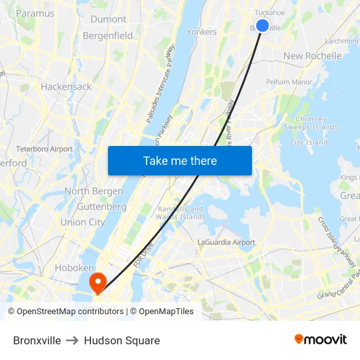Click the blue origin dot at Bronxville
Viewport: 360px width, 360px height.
[x=262, y=26]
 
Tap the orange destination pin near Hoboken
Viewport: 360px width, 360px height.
[x=98, y=282]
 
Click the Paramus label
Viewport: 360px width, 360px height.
[x=35, y=12]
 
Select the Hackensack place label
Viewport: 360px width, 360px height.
[x=66, y=86]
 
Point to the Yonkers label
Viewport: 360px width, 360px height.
[x=202, y=31]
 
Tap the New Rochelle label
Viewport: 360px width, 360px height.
[x=312, y=56]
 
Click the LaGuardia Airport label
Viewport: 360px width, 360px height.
[x=226, y=242]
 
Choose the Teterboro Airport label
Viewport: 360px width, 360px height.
[x=45, y=149]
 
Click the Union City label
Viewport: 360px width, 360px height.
[x=82, y=222]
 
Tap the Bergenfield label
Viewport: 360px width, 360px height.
[x=108, y=36]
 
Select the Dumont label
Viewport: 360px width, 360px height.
[x=108, y=19]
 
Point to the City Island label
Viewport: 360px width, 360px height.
[x=309, y=142]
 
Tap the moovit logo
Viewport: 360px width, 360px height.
[x=321, y=339]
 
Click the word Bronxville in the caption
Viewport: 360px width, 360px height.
[x=37, y=340]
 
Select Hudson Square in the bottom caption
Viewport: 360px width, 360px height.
[x=122, y=340]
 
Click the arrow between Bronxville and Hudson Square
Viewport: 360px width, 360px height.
[x=73, y=340]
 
